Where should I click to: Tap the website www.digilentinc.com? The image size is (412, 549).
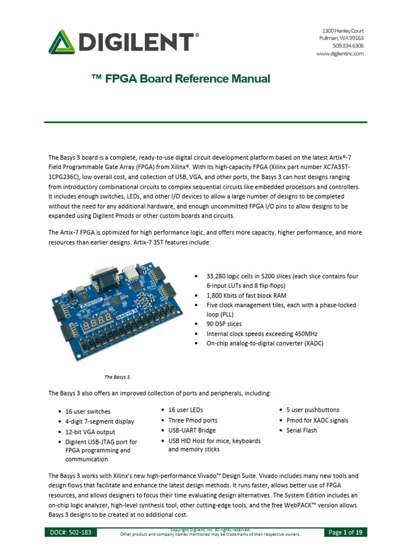tap(340, 54)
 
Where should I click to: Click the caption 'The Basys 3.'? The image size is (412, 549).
tap(117, 377)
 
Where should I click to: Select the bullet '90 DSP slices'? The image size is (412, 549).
tap(224, 324)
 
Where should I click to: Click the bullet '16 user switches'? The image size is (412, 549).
tap(88, 412)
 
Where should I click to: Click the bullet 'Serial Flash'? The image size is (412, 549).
tap(302, 431)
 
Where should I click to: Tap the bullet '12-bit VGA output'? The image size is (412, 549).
tap(90, 432)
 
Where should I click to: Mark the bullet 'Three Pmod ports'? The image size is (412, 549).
tap(193, 420)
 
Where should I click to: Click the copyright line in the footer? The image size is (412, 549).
tap(210, 530)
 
